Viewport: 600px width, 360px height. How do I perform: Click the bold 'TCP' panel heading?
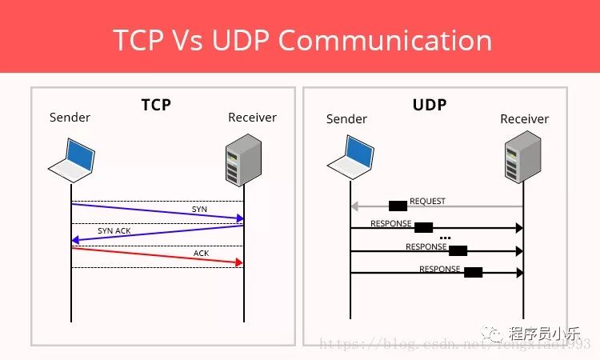[x=156, y=104]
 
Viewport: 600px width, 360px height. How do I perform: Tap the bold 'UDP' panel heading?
[x=429, y=105]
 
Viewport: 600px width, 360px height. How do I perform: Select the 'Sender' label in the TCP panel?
[x=70, y=118]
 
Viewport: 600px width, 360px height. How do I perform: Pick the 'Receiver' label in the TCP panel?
[x=252, y=118]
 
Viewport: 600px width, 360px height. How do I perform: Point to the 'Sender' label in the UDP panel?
[x=346, y=119]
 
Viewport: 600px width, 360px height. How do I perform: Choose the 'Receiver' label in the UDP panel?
[x=524, y=119]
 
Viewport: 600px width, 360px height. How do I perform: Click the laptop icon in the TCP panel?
[x=72, y=158]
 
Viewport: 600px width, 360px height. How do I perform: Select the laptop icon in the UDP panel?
[x=350, y=158]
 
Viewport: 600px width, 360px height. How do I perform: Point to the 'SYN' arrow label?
[x=199, y=209]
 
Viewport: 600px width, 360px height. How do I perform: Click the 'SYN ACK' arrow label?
[x=114, y=230]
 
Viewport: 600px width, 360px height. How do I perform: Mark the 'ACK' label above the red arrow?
[x=201, y=253]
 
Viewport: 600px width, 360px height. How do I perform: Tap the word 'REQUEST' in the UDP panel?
[x=427, y=202]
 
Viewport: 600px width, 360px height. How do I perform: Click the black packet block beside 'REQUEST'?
[x=398, y=206]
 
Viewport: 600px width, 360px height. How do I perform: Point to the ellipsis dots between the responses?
[x=446, y=238]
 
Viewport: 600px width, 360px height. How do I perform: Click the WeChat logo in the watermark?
[x=497, y=333]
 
